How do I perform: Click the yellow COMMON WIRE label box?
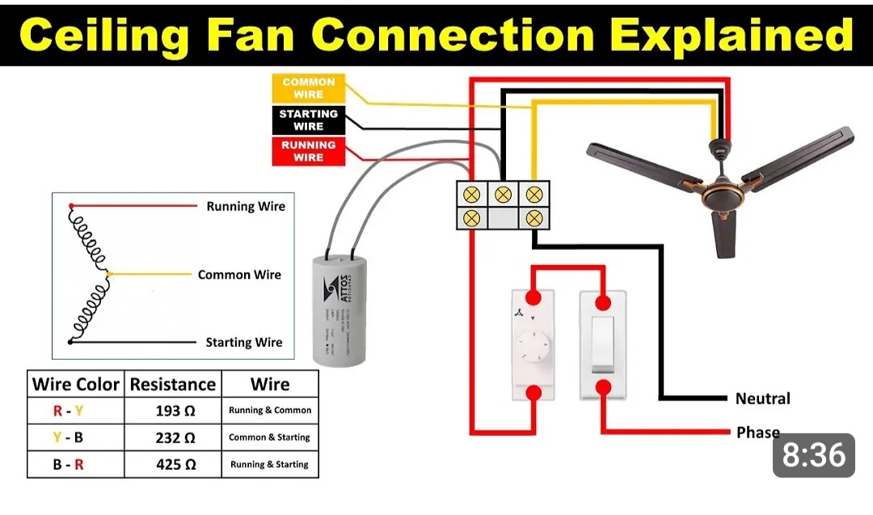pos(308,88)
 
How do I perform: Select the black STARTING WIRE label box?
pos(308,120)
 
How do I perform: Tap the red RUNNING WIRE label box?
pos(308,151)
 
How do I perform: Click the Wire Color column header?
pos(76,384)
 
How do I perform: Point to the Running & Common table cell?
pos(270,411)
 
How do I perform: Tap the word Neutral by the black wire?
pos(762,399)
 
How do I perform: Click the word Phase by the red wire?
pos(757,433)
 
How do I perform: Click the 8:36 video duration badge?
pos(814,456)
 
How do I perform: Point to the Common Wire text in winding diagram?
pos(239,275)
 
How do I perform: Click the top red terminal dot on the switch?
pos(603,302)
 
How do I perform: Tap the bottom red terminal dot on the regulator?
pos(533,393)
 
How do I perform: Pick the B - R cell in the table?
pos(68,464)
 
